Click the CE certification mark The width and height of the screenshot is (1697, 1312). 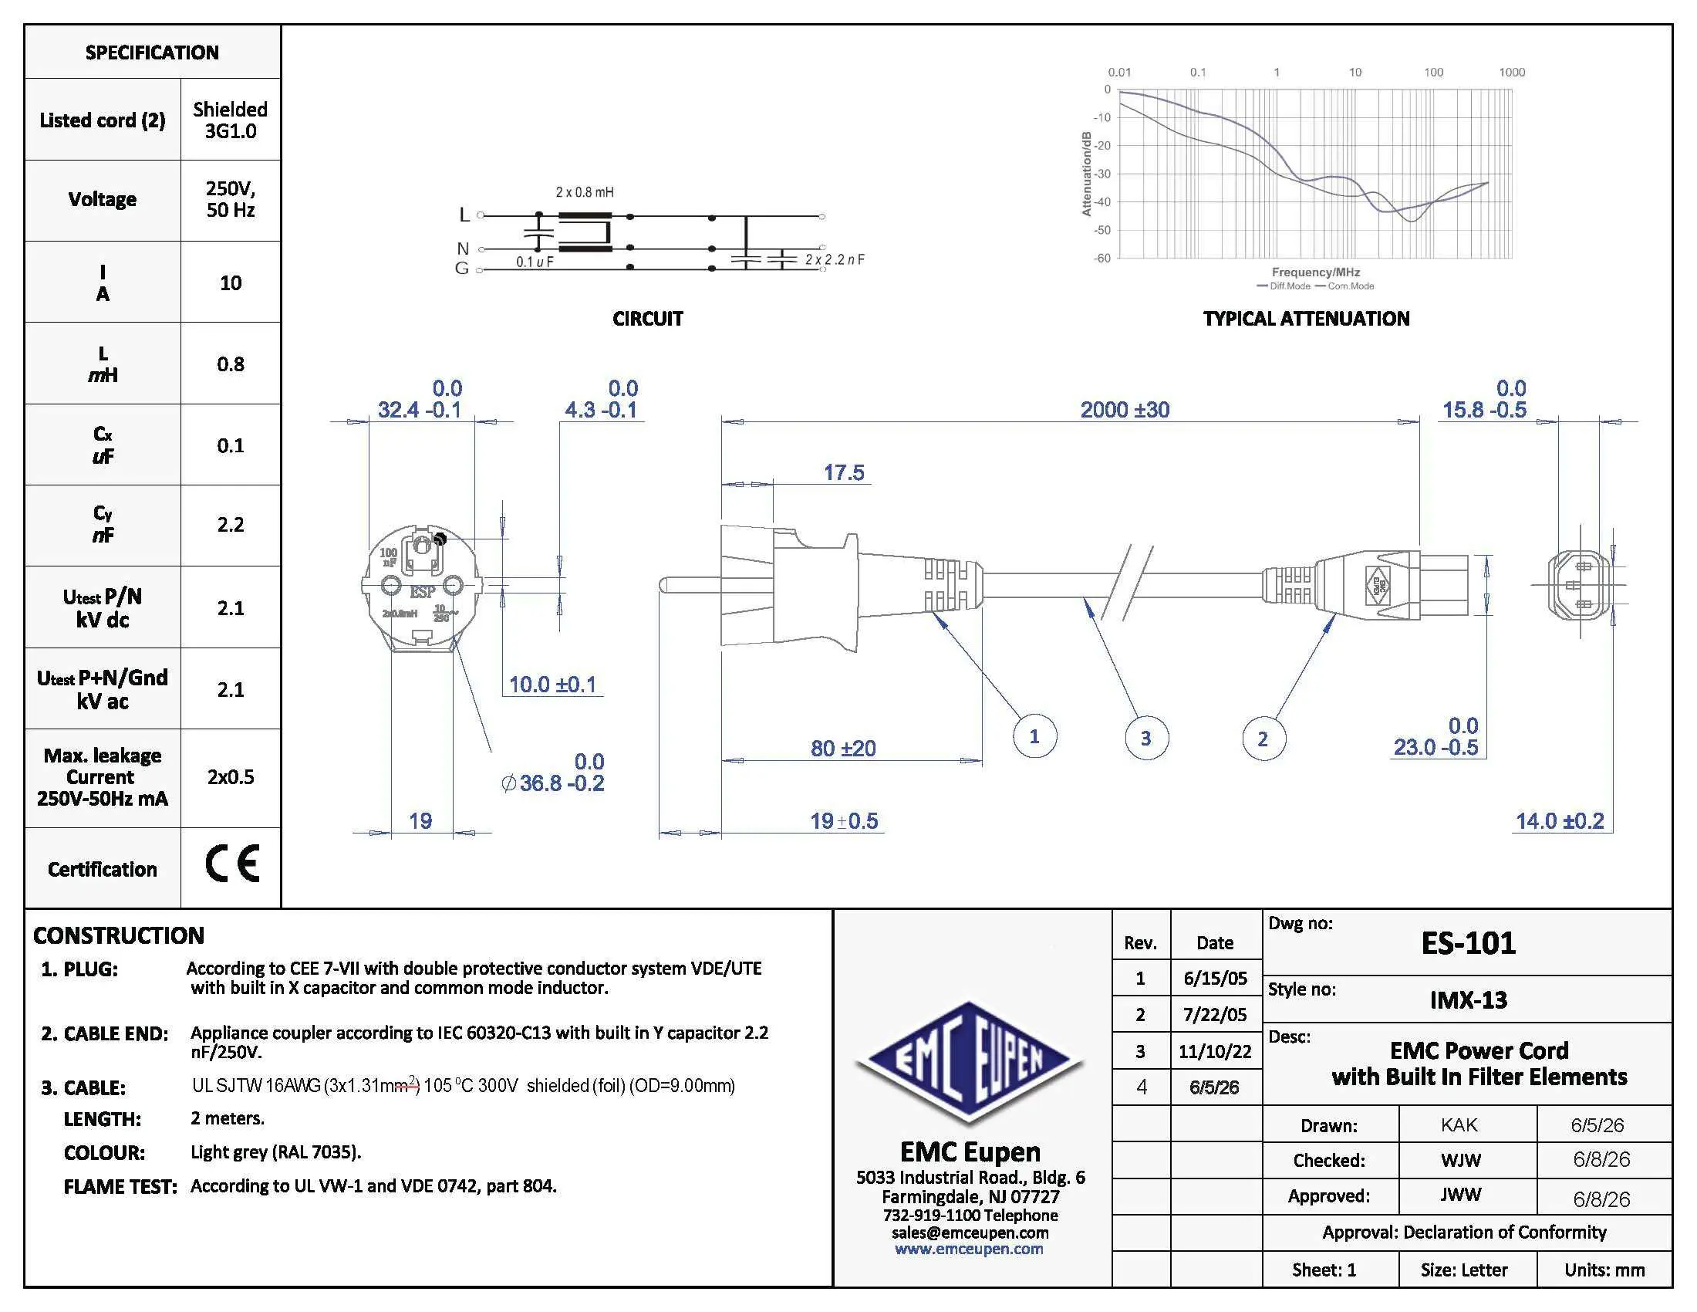[x=232, y=864]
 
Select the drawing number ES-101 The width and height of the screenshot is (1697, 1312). [x=1468, y=943]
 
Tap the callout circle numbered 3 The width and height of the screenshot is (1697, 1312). [x=1146, y=738]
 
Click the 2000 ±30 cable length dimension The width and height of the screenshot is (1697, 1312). [x=1125, y=410]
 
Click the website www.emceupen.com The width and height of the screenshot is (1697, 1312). [x=969, y=1248]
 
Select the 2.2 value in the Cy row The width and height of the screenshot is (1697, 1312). [x=231, y=525]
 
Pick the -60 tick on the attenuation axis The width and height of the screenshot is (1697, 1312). [x=1102, y=258]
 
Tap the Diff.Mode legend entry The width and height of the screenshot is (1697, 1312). [x=1284, y=286]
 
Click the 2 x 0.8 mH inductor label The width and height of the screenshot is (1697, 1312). [x=585, y=192]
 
